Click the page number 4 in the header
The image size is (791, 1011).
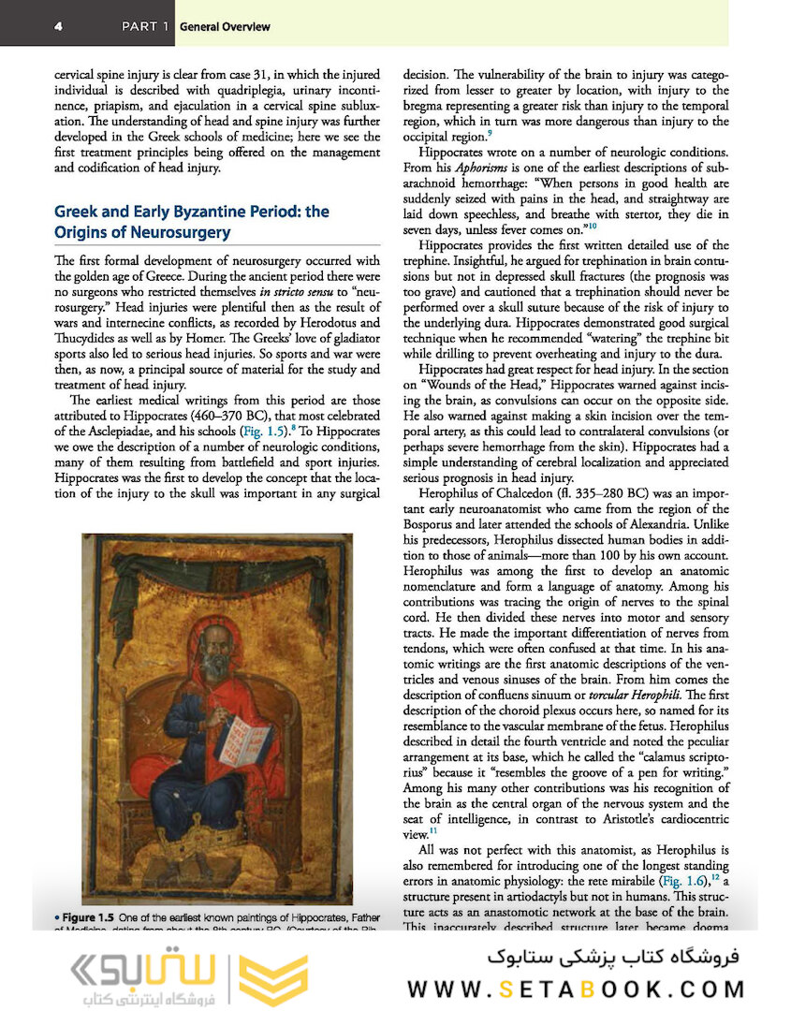click(58, 27)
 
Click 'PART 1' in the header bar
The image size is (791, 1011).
click(144, 27)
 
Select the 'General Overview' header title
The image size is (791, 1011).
click(225, 27)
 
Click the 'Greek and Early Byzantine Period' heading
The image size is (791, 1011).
click(192, 212)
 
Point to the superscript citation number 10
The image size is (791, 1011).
click(591, 226)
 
